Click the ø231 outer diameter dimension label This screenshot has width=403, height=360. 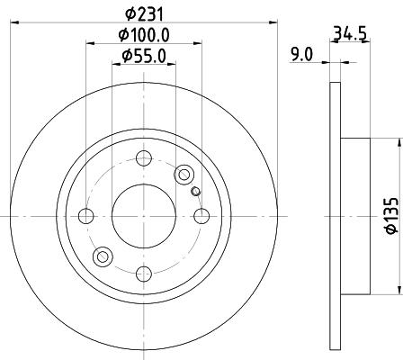pos(144,14)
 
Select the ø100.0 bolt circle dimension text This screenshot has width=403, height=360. pos(144,35)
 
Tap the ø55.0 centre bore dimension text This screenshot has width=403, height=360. pos(144,56)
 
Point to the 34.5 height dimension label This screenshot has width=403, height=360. pos(350,33)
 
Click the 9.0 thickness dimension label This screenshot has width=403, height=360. pos(302,55)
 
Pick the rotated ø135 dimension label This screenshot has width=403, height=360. pos(392,216)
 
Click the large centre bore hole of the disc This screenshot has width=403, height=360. pos(144,216)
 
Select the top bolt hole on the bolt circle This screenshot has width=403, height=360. pos(144,158)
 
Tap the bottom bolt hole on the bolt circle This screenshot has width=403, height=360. pos(144,274)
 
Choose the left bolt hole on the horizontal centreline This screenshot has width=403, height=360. pos(86,216)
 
